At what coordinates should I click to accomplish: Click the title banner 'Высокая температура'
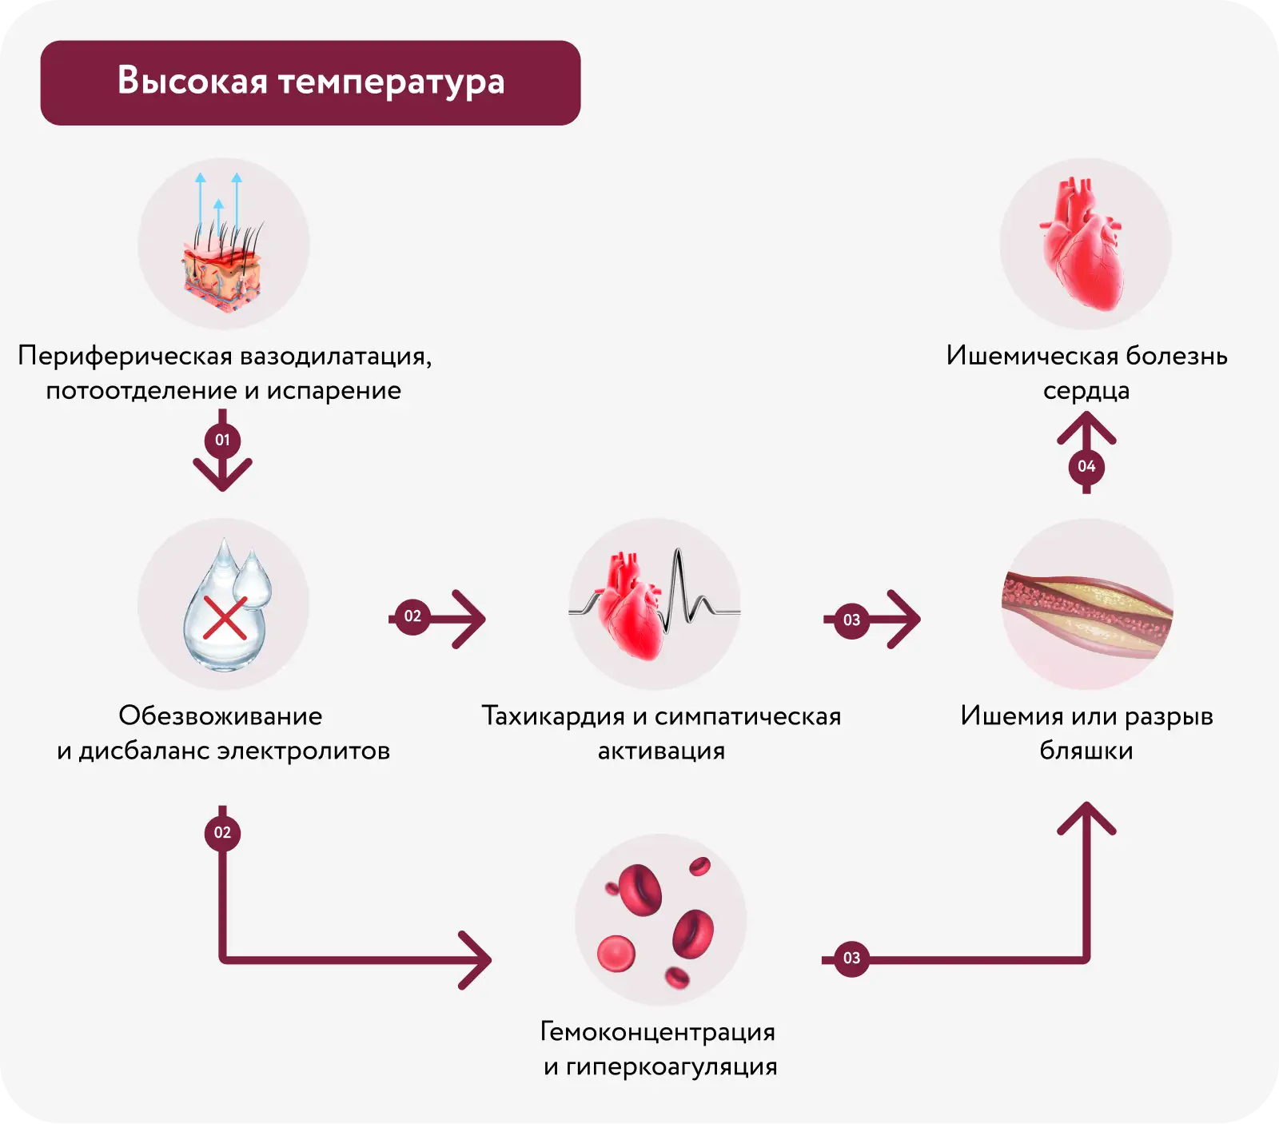[x=310, y=82]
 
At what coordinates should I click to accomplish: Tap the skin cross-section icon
[x=223, y=268]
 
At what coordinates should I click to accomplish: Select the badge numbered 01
[x=222, y=440]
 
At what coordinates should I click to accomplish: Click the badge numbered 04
[x=1086, y=466]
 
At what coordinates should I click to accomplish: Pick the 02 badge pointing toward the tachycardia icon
[x=412, y=616]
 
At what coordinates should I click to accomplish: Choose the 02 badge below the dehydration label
[x=222, y=833]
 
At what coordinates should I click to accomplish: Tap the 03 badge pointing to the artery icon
[x=851, y=620]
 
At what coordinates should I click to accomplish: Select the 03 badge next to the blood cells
[x=851, y=958]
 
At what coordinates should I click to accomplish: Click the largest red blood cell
[x=640, y=889]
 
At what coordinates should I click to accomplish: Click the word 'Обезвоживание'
[x=221, y=715]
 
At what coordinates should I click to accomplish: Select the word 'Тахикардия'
[x=552, y=716]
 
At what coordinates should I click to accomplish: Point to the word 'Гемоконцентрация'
[x=658, y=1032]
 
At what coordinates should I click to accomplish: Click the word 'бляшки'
[x=1086, y=751]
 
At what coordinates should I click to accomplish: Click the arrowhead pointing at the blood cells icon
[x=478, y=959]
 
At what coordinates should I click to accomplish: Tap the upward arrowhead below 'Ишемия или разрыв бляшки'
[x=1086, y=817]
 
